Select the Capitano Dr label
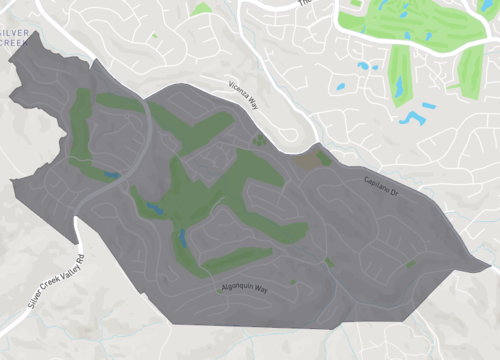click(381, 185)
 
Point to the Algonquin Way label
click(243, 288)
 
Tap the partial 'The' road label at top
click(306, 4)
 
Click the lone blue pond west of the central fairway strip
click(361, 67)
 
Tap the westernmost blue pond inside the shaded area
click(111, 175)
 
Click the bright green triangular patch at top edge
click(202, 9)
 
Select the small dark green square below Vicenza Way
click(260, 140)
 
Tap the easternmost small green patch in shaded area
click(410, 263)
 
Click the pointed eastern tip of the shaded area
click(489, 264)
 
